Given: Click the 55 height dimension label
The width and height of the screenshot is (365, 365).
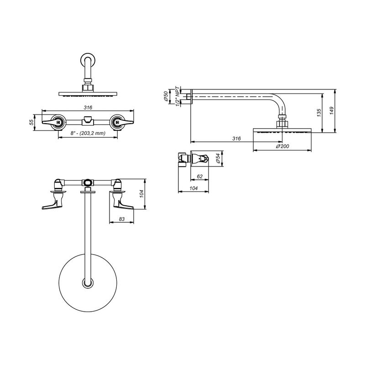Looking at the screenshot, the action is (x=31, y=122).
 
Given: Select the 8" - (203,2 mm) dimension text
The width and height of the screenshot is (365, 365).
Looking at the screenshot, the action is (x=88, y=133).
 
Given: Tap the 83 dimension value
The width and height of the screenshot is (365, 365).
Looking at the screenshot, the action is (x=122, y=219).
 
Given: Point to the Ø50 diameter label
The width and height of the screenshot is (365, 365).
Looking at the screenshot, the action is (x=166, y=96).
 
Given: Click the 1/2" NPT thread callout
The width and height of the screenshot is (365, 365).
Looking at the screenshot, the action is (x=178, y=96).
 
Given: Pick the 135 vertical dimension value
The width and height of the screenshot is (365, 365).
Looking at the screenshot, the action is (x=319, y=113).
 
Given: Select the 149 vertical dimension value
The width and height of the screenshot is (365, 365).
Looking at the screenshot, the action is (x=332, y=110).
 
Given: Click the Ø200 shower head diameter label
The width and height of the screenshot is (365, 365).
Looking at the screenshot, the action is (x=282, y=146).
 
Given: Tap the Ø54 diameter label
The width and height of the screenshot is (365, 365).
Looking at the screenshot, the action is (x=219, y=158).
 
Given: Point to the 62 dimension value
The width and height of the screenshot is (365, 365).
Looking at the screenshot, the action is (x=200, y=177).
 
